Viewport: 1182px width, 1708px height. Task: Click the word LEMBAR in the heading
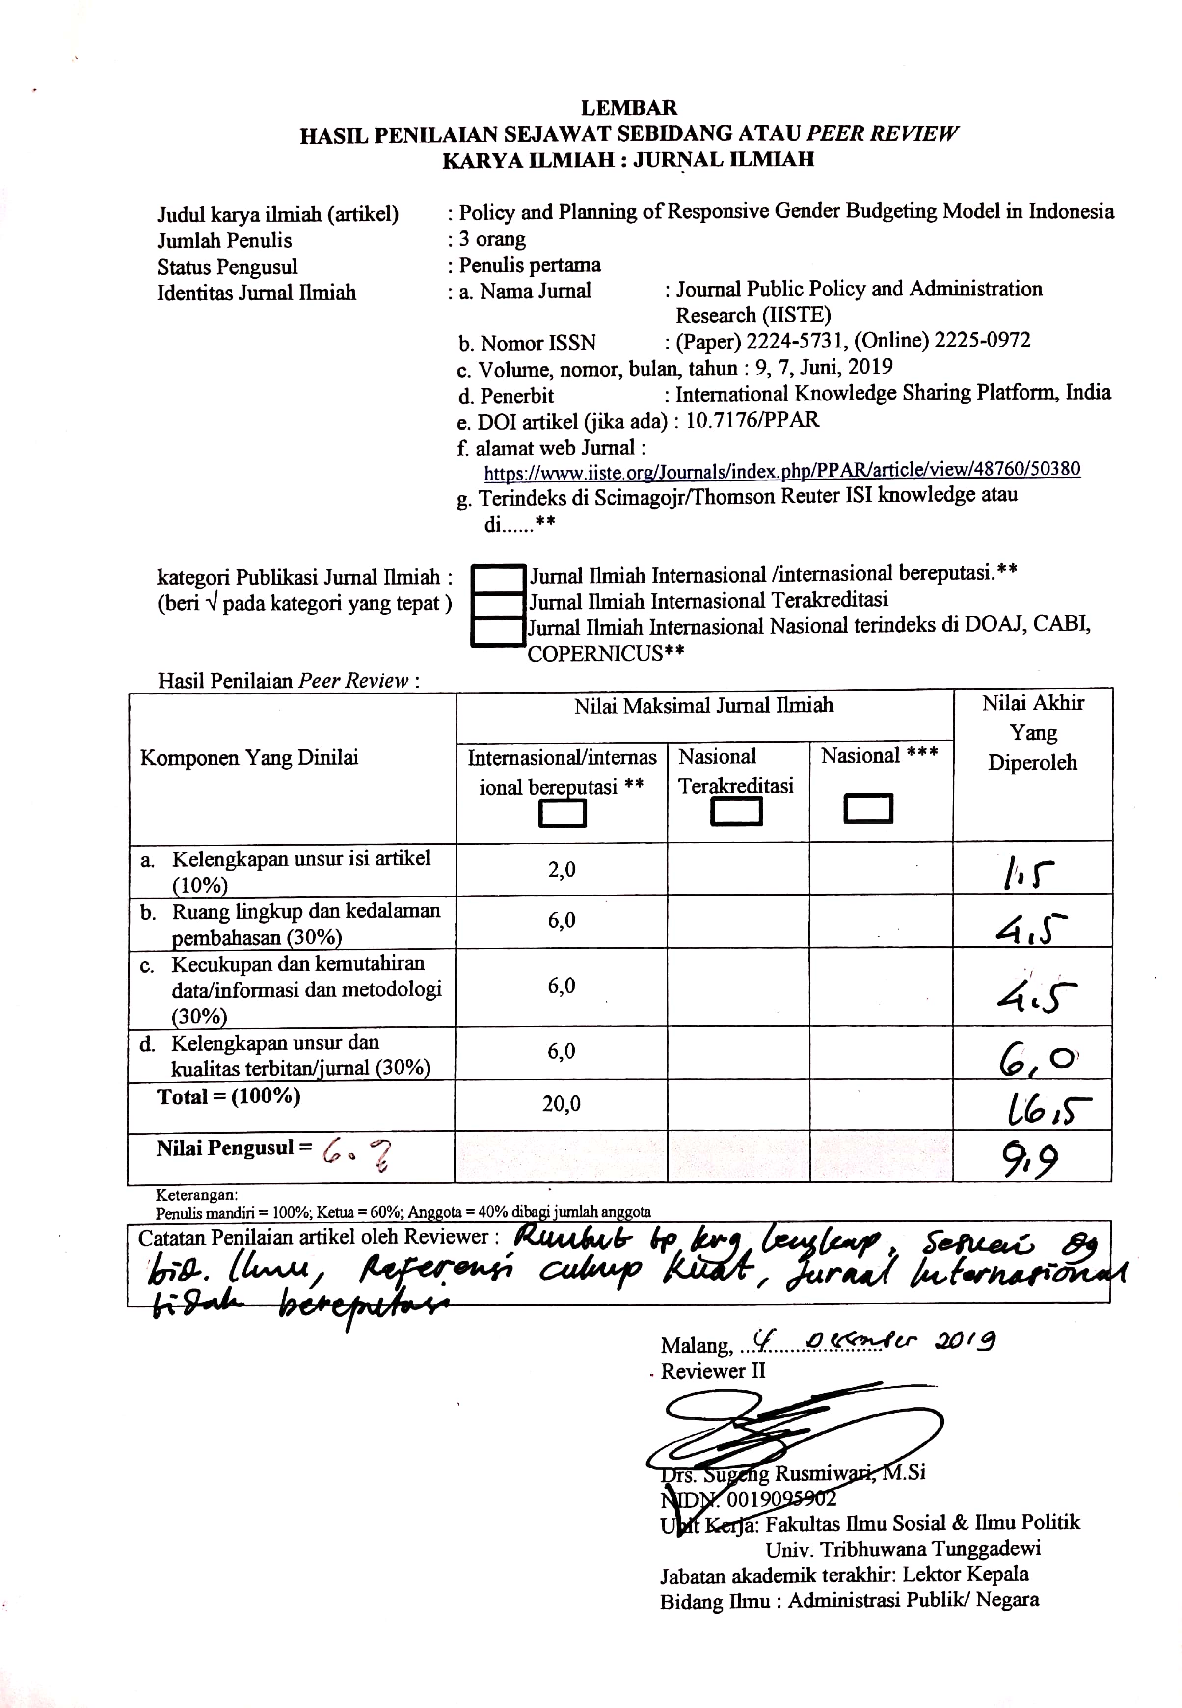tap(628, 108)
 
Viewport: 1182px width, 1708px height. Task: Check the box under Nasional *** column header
tap(867, 808)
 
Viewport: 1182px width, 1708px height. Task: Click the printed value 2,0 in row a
tap(562, 870)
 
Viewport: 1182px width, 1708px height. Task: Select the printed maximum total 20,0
tap(562, 1104)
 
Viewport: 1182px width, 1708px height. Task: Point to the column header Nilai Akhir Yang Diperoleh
tap(1032, 732)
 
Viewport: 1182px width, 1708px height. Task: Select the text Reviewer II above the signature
tap(712, 1371)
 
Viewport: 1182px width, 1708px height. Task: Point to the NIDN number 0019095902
tap(781, 1499)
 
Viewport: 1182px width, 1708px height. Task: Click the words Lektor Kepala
tap(965, 1575)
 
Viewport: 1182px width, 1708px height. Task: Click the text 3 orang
tap(492, 239)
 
